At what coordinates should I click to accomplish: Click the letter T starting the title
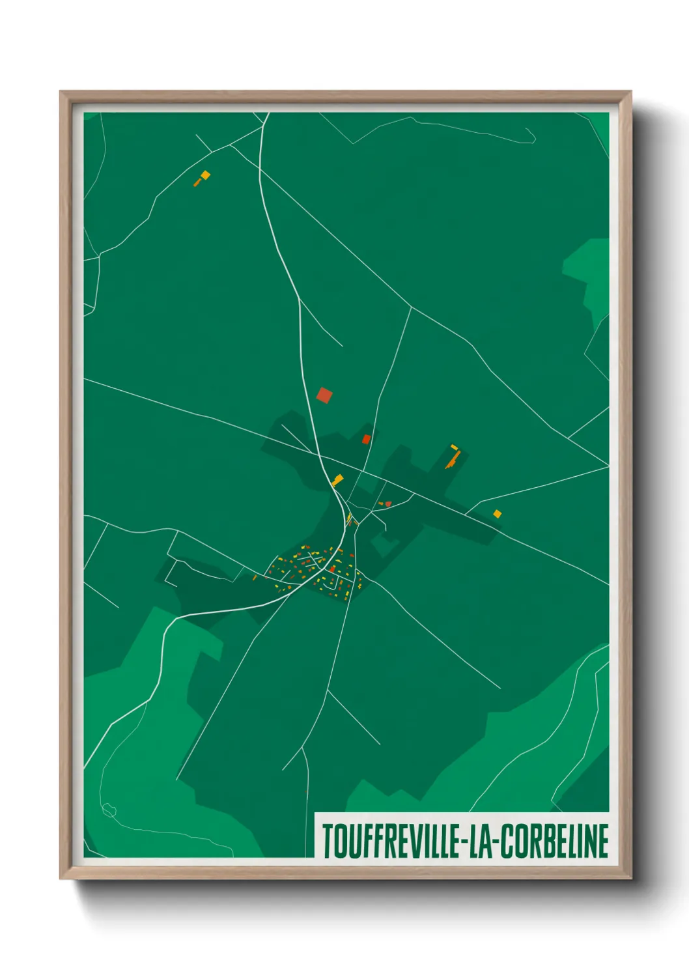328,841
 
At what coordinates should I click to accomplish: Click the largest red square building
324,395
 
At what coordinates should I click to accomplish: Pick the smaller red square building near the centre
366,439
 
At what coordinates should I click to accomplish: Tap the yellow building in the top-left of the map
205,175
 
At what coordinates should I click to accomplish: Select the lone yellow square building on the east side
498,514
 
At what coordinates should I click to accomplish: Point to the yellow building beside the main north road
337,481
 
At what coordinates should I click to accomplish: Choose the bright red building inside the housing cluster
332,569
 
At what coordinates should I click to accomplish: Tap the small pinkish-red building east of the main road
388,503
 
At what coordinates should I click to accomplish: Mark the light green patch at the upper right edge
589,267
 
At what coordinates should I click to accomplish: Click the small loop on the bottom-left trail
109,810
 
